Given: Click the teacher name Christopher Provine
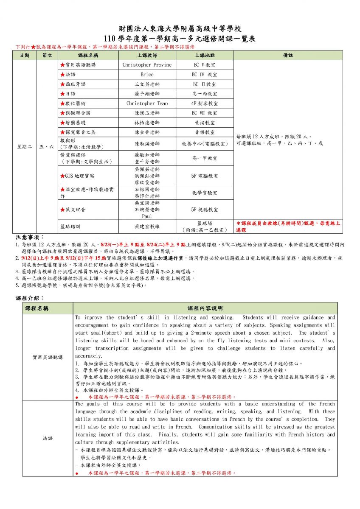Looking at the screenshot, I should (x=147, y=65).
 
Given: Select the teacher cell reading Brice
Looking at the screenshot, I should (x=147, y=75).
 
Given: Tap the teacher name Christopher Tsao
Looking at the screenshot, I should (x=147, y=103).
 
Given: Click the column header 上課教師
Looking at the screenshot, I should (x=147, y=56).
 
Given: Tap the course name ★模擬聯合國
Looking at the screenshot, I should (x=77, y=113).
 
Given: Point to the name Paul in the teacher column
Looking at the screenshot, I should (x=147, y=216).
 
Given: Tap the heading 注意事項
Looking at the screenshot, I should (x=30, y=238).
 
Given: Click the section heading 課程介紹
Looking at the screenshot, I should (x=30, y=298).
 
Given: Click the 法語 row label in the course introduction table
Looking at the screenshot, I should (x=48, y=438).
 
